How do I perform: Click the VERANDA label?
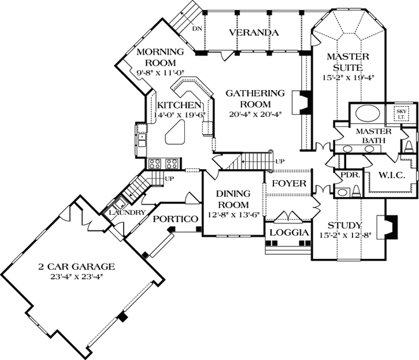click(250, 32)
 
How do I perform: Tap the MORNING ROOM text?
click(160, 57)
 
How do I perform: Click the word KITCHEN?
click(179, 105)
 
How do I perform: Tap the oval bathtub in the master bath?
click(365, 113)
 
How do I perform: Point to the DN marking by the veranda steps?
click(197, 28)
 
